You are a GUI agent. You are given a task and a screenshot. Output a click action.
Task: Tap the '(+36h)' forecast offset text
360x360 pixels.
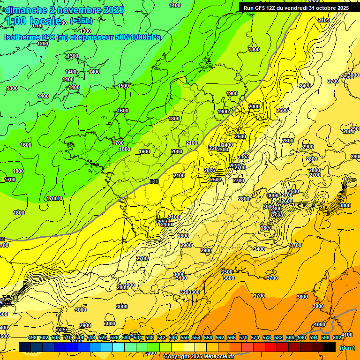click(x=81, y=21)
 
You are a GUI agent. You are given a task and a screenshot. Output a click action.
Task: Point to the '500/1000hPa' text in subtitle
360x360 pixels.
click(x=140, y=37)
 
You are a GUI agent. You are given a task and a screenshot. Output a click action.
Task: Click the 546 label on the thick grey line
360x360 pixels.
click(x=154, y=181)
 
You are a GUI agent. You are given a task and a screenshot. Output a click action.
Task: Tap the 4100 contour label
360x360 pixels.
click(x=346, y=335)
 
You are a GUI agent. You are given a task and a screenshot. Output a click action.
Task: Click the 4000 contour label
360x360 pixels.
click(x=319, y=324)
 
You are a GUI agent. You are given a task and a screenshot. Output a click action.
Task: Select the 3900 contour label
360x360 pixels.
click(x=318, y=306)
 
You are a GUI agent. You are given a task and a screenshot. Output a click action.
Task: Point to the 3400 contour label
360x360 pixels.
click(x=259, y=249)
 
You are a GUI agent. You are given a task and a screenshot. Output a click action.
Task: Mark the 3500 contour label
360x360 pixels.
click(x=227, y=272)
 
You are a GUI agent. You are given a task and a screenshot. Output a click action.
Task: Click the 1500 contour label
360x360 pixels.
click(x=123, y=86)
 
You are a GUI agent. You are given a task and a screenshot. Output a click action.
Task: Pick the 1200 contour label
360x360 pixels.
click(x=42, y=44)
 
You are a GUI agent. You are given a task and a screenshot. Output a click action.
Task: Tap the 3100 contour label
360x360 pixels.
click(x=181, y=278)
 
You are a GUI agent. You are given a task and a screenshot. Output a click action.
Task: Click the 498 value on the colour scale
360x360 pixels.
click(x=32, y=337)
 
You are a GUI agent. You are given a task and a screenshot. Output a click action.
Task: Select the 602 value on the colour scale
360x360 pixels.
click(x=337, y=337)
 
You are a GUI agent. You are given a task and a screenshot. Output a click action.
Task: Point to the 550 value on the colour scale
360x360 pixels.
click(x=184, y=337)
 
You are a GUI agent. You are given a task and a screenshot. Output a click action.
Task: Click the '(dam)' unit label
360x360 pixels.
click(x=346, y=348)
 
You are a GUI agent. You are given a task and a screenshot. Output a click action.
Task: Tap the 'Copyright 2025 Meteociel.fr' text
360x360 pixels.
click(x=198, y=356)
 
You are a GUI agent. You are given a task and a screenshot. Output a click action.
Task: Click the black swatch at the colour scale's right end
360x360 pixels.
click(x=330, y=347)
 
